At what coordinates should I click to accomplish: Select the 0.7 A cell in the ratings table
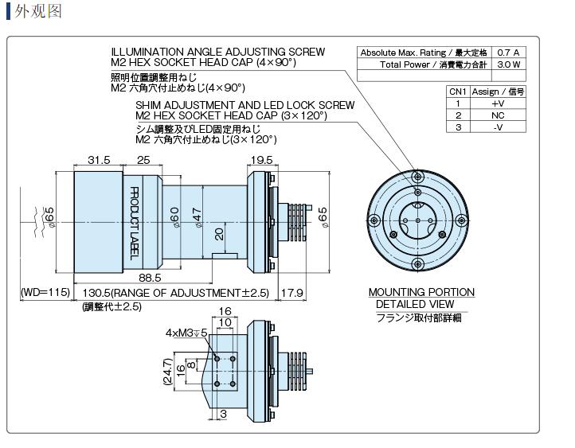[507, 53]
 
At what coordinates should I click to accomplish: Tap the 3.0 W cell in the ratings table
[507, 64]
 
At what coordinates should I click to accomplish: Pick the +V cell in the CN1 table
[498, 103]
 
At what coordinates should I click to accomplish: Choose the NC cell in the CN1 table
[498, 115]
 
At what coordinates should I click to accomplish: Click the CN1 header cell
[458, 92]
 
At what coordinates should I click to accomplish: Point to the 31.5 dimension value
[99, 161]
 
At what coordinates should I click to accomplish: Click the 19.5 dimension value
[262, 161]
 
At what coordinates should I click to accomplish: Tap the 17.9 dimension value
[292, 293]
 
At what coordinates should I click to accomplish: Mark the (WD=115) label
[45, 293]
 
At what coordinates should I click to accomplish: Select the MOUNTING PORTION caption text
[420, 292]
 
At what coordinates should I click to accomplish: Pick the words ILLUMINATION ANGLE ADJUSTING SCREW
[218, 52]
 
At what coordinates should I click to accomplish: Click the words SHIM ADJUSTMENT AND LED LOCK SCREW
[244, 105]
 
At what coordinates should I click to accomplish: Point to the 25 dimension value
[144, 161]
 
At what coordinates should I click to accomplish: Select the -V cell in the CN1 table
[498, 127]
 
